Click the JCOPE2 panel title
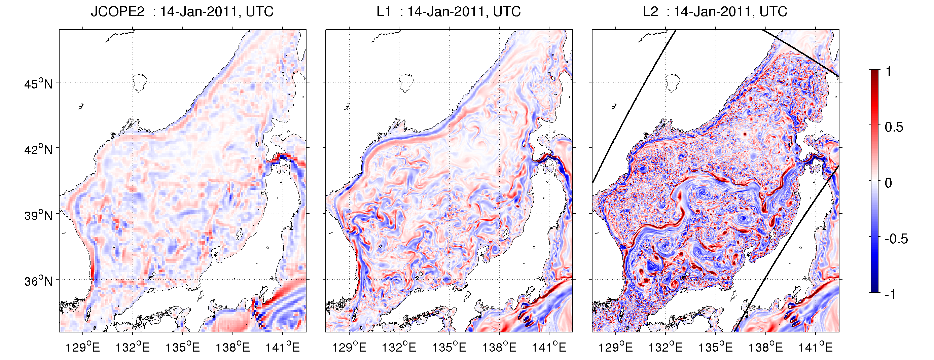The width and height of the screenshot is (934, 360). (182, 11)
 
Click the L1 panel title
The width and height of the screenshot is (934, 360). (448, 11)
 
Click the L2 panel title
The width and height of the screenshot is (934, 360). (715, 11)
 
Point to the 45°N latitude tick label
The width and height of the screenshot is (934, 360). (38, 84)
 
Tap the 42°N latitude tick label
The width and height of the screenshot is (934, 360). (38, 149)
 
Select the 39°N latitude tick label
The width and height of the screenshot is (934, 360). (38, 215)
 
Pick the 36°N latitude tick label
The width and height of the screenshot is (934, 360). (38, 281)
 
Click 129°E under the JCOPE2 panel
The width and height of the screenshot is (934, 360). (83, 347)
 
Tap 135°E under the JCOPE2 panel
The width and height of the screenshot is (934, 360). (182, 347)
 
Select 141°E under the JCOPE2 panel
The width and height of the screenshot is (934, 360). (282, 347)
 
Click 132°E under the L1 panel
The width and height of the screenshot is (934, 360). (399, 347)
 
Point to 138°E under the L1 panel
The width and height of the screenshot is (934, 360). (499, 347)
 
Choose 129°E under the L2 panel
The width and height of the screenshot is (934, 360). (615, 347)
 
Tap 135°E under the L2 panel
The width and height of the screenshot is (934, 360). (715, 347)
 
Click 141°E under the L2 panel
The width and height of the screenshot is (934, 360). (816, 347)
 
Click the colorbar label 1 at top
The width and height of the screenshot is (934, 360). (888, 71)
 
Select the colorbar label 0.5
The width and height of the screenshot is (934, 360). (894, 127)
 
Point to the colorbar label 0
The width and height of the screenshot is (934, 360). (888, 183)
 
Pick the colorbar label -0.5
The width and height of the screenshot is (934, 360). (896, 239)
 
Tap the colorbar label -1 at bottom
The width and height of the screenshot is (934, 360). (891, 294)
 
